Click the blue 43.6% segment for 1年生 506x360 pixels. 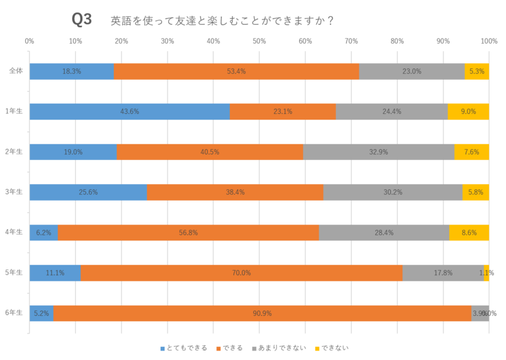[130, 111]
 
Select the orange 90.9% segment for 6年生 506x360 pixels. [262, 313]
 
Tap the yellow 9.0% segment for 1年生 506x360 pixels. [468, 111]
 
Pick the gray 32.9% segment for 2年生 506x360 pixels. [378, 152]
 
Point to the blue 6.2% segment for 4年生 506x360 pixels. [44, 232]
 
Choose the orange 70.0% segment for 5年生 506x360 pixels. [242, 273]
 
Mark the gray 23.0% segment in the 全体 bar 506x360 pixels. [412, 71]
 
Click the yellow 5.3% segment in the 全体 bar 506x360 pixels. [477, 71]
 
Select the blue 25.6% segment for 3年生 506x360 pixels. [88, 192]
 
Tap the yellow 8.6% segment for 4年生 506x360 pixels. [469, 232]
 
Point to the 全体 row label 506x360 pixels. [15, 71]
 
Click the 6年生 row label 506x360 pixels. [15, 313]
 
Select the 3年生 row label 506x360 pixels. [15, 192]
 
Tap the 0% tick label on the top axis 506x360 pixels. [30, 41]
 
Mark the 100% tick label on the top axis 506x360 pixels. [488, 41]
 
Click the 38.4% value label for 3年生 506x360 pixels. [235, 192]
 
